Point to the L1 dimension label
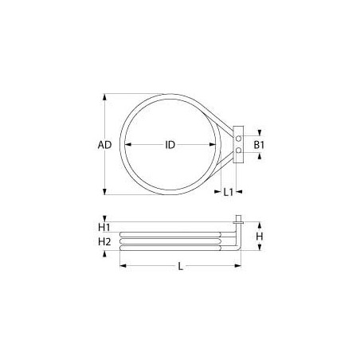[x=228, y=192]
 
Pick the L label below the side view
[x=180, y=267]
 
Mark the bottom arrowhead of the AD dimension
[x=105, y=191]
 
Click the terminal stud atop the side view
[x=237, y=217]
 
